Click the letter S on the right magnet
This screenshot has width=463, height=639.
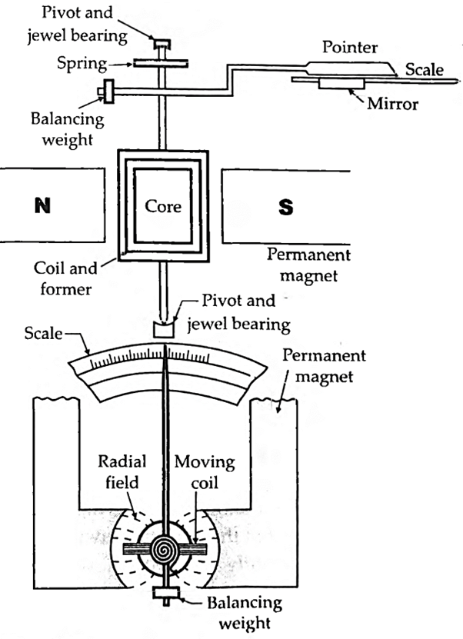coord(285,208)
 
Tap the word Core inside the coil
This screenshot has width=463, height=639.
coord(163,206)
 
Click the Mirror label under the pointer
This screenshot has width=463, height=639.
coord(392,104)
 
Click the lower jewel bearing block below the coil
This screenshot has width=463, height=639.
coord(165,331)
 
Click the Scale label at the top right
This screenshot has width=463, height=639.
coord(425,69)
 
